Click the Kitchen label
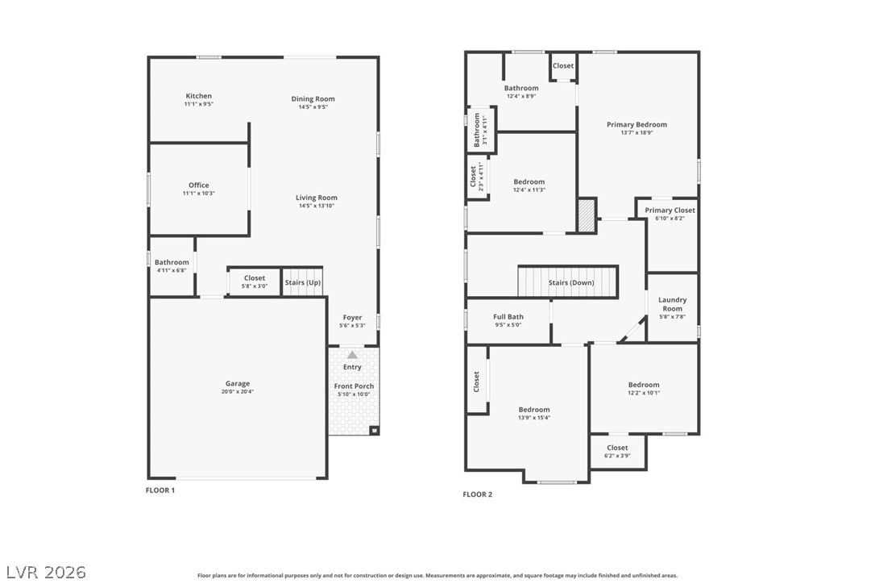pos(199,96)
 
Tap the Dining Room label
pos(313,99)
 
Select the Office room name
pos(199,185)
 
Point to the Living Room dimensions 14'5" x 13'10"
pos(317,206)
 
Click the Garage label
pos(238,383)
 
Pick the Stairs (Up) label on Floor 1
pos(303,283)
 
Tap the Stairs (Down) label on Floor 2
pos(571,283)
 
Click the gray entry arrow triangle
pos(352,355)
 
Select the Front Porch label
pos(354,386)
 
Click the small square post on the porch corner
pos(375,430)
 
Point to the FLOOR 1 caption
pos(160,490)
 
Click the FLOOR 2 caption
pos(478,494)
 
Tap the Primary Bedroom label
pos(637,124)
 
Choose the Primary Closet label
pos(670,211)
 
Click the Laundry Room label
pos(673,304)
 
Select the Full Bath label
pos(508,317)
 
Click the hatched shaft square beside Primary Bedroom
pos(587,215)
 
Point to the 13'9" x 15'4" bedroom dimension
pos(534,418)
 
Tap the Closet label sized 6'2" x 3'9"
pos(617,448)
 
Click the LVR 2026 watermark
pos(46,572)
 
